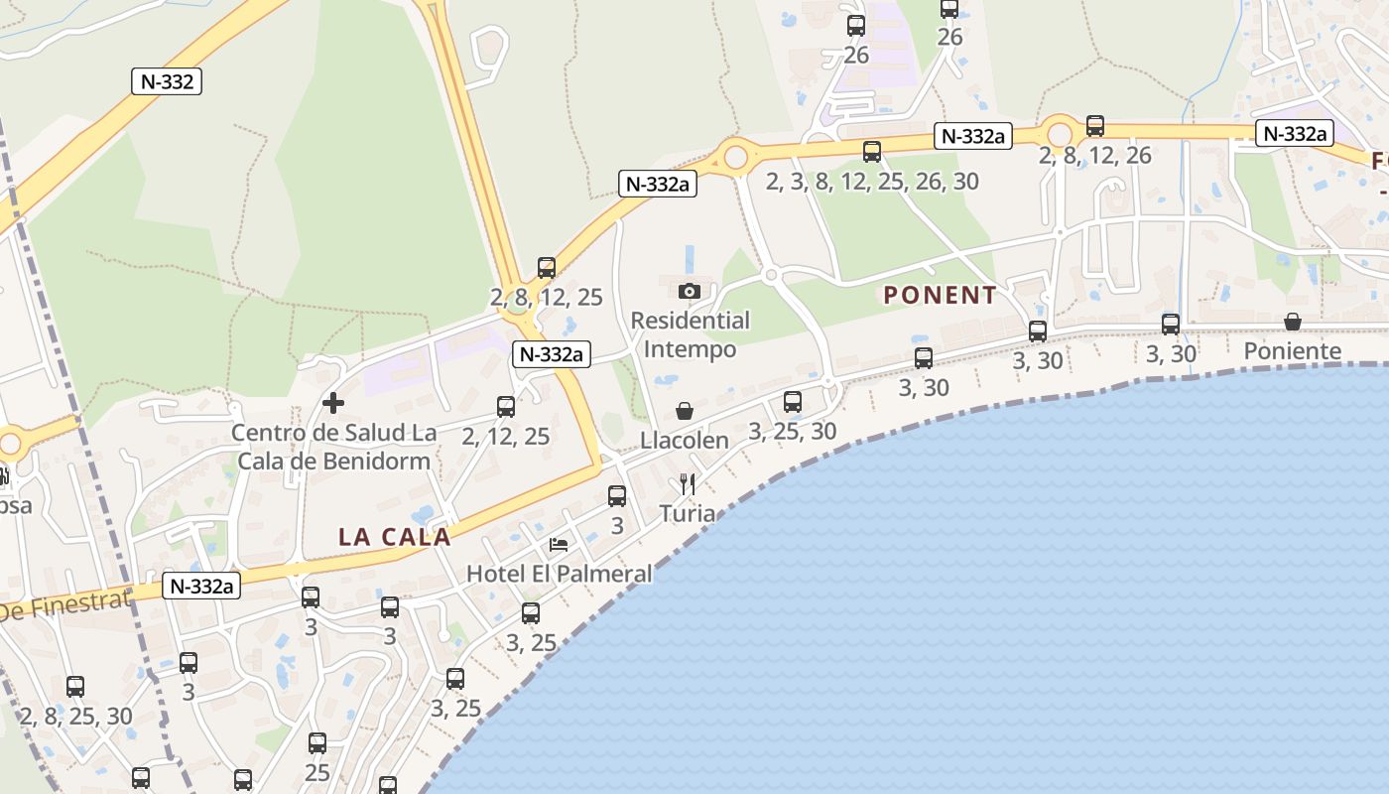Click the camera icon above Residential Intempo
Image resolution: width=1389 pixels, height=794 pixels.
pos(689,291)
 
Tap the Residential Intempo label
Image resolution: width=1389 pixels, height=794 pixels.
pos(691,334)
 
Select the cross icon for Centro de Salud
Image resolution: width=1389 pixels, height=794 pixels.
pos(333,403)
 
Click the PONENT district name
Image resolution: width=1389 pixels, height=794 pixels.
pos(940,295)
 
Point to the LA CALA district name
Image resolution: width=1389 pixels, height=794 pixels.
pos(395,537)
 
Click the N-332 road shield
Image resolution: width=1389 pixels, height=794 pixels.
pos(167,81)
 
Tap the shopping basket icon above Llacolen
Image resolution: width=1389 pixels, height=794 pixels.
pos(685,411)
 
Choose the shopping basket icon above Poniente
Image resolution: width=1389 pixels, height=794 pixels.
pos(1292,322)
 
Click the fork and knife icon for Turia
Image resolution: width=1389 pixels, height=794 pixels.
pos(687,484)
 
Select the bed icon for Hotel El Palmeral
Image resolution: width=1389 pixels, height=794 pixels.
pos(559,545)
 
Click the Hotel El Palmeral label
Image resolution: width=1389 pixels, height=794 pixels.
pos(560,574)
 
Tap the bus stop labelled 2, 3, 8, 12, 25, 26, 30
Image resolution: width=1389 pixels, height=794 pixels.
pos(871,152)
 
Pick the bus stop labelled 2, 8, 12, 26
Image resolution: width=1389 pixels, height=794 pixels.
pos(1094,126)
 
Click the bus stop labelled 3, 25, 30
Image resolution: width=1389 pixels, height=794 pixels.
pos(792,402)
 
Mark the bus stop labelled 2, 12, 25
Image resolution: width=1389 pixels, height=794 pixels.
pos(506,407)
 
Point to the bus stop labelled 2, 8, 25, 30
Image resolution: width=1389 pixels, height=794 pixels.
pos(74,686)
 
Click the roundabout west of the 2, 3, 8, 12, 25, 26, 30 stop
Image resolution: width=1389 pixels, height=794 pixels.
pos(734,157)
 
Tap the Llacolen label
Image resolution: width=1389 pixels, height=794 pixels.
pos(685,440)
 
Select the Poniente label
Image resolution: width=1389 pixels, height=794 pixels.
pos(1292,350)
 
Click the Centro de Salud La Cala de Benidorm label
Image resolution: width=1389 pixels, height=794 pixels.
pos(333,447)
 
